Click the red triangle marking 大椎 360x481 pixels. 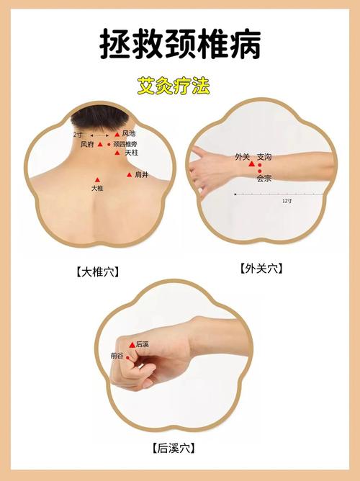tap(98, 179)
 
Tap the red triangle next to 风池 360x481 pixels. tap(117, 134)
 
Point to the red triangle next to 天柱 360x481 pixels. tap(117, 153)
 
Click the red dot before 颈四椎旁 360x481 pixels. tap(109, 144)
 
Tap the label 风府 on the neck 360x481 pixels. tap(87, 144)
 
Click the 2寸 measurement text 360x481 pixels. tap(77, 134)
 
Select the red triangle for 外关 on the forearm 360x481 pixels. tap(251, 164)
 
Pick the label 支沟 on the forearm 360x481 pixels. tap(264, 156)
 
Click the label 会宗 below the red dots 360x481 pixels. tap(264, 179)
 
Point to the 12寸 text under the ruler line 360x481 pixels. tap(287, 201)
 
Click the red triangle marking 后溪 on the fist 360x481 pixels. tap(131, 345)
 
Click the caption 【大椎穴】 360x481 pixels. tap(96, 272)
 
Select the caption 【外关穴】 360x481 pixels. tap(260, 269)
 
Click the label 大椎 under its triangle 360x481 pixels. tap(98, 188)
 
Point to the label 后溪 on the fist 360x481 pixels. tap(143, 344)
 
